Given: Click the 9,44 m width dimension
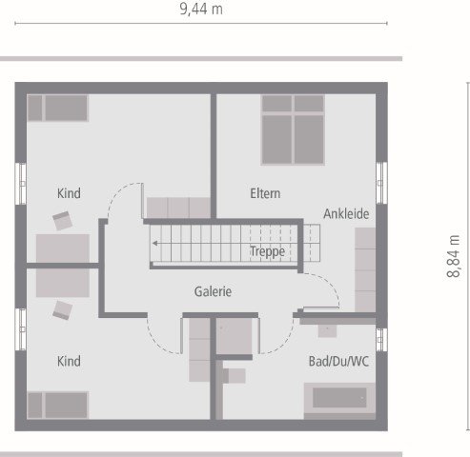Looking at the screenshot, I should pos(200,9).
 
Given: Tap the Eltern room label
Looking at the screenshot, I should pos(265,193).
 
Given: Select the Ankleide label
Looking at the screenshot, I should pos(345,214).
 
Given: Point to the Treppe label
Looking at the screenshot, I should pos(267,251).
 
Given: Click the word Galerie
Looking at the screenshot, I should pos(213,292).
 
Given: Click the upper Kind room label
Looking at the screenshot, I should pos(69,193).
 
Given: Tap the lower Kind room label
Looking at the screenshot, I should pos(69,362).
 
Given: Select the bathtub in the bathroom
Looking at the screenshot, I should pos(339,399).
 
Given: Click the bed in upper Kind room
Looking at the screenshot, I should pos(57,108).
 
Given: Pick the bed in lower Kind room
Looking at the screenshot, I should pos(57,405).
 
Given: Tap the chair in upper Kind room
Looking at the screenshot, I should pos(63,221).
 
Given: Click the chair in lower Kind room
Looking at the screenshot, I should pos(63,308).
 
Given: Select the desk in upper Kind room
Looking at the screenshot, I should pos(63,248).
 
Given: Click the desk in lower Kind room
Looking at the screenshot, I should pos(63,282).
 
